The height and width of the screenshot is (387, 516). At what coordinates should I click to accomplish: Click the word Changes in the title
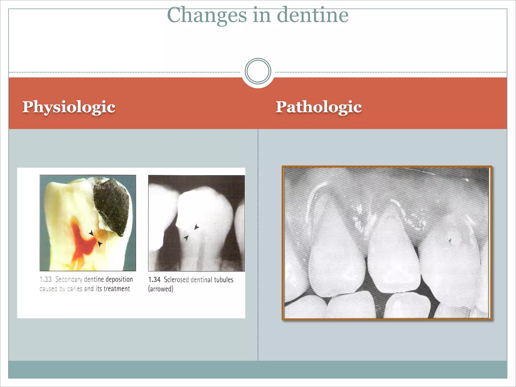tap(207, 15)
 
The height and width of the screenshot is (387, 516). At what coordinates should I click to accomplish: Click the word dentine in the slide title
tap(313, 15)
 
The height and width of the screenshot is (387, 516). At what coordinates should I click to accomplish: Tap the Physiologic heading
tap(69, 107)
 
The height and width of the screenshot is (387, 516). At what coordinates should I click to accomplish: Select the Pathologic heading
tap(319, 107)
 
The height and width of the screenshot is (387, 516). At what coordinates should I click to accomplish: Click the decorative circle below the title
tap(258, 71)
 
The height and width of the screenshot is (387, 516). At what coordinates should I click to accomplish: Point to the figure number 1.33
tap(46, 279)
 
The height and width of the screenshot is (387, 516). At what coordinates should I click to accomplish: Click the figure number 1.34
tap(154, 280)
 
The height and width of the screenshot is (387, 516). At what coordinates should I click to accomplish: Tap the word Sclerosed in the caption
tap(176, 280)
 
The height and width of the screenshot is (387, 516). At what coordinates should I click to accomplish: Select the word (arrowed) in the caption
tap(161, 289)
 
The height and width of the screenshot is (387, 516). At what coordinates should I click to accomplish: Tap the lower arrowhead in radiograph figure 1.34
tap(186, 237)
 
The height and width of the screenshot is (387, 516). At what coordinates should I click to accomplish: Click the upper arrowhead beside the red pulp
tap(91, 233)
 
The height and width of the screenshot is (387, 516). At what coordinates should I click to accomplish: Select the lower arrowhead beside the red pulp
tap(100, 244)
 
